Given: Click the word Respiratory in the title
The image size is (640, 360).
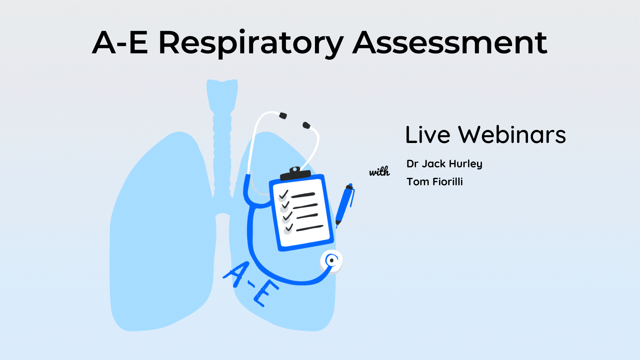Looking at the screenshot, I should pos(251,43).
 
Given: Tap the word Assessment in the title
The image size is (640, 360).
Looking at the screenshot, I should pos(450,43).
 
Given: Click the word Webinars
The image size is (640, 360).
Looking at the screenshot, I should pos(512,135).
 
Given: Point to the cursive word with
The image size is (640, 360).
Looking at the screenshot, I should pos(379,172).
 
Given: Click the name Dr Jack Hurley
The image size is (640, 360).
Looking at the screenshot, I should pos(444,164).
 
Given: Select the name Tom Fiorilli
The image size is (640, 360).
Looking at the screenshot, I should pos(435,182).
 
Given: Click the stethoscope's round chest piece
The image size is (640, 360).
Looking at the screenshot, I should pos(331,261).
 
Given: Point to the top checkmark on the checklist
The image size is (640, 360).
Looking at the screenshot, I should pos(284,194).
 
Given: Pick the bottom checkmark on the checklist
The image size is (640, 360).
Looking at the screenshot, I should pos(289,228).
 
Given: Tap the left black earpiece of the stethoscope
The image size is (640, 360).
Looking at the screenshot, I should pos(283,116).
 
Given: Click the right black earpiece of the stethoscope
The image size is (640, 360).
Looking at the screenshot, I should pos(306,125).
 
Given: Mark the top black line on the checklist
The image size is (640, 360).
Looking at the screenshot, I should pos(303,195).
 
